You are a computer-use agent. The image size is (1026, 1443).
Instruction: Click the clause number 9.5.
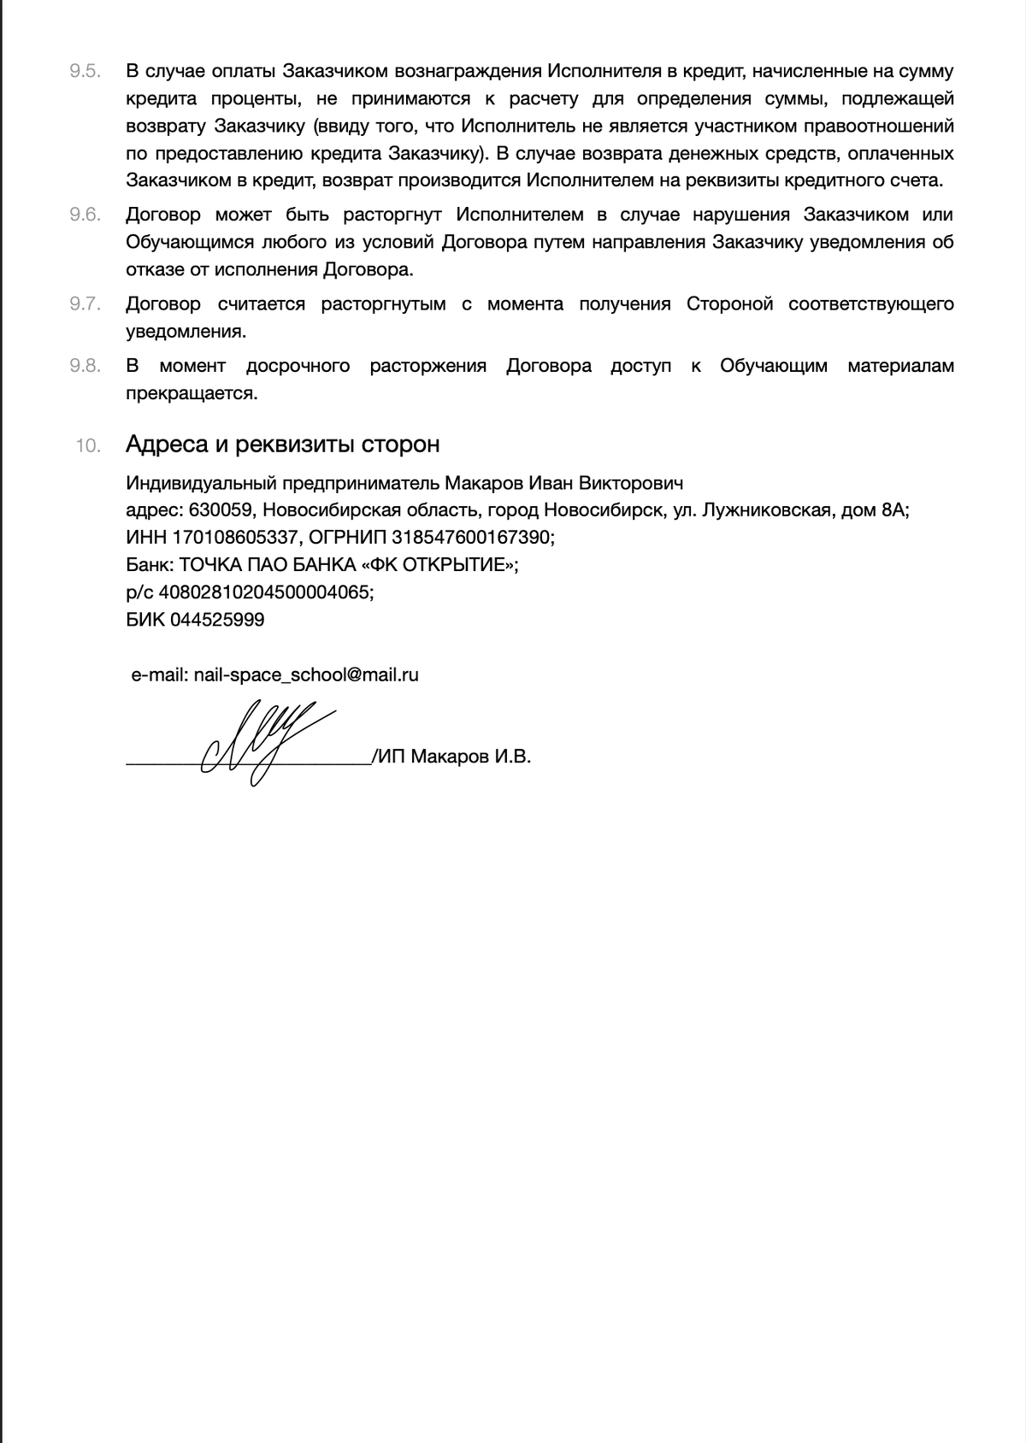point(85,72)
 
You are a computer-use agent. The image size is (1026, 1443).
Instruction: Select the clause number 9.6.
point(85,215)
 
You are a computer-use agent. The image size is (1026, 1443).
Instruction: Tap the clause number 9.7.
point(85,304)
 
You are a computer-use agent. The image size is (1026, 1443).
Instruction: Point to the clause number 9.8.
point(85,367)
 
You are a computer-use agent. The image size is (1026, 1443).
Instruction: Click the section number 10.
point(88,445)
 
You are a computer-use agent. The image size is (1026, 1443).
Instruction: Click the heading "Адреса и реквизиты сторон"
point(282,445)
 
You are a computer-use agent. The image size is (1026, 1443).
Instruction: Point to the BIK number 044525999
point(217,620)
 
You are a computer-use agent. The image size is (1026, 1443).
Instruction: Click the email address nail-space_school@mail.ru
point(306,674)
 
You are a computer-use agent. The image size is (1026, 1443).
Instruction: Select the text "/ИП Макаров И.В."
point(451,757)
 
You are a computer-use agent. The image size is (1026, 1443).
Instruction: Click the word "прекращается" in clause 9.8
point(192,394)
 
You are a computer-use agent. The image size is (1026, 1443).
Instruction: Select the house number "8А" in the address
point(892,510)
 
